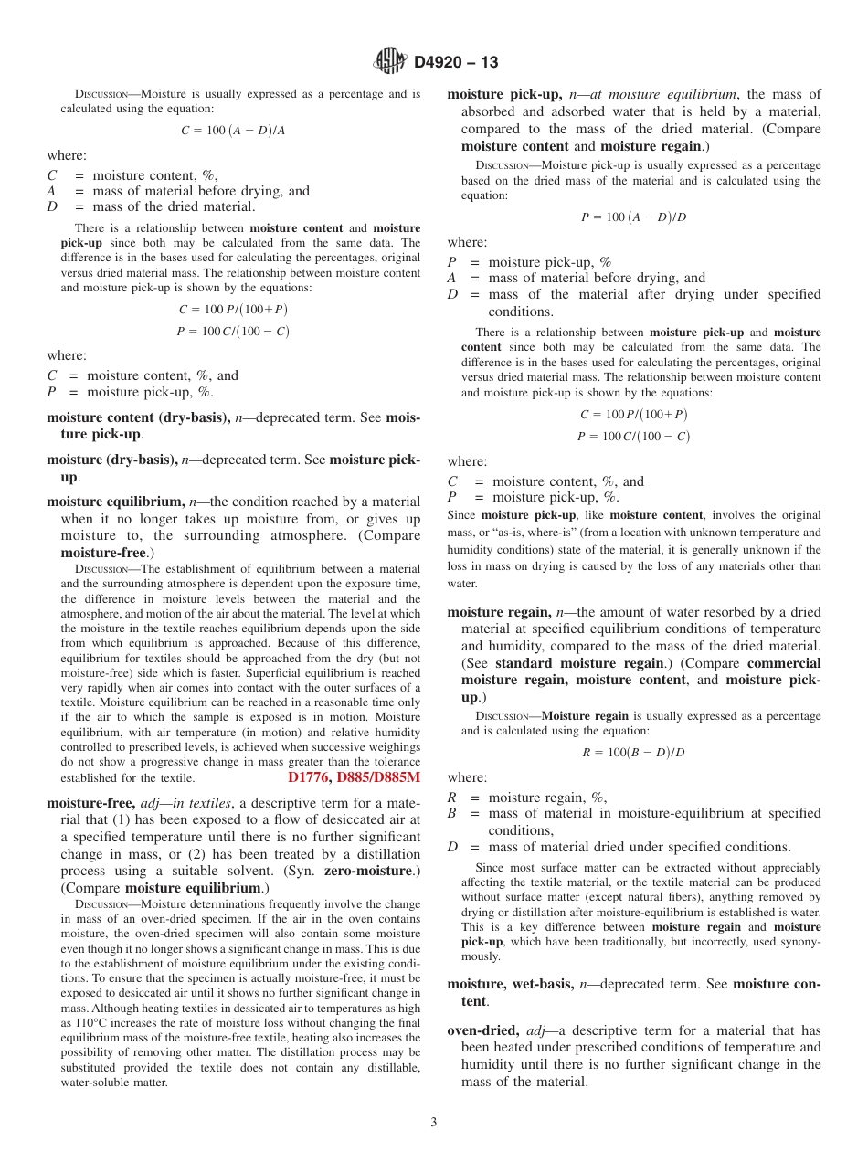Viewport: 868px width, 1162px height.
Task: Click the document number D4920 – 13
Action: click(456, 63)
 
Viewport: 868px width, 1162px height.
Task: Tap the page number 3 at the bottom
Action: click(434, 1122)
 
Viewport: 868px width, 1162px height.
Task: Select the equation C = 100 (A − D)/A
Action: click(233, 131)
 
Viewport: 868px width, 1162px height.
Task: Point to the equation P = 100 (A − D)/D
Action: click(634, 217)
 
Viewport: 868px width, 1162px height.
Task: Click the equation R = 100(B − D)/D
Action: click(633, 753)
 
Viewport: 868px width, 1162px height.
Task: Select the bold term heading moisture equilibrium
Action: click(115, 502)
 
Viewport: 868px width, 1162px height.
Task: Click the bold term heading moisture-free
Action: click(90, 804)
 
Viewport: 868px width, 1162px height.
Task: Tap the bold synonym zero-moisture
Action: click(368, 871)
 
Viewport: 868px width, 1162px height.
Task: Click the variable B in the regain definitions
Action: click(451, 813)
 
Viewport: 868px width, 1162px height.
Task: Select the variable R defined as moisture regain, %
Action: click(451, 798)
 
